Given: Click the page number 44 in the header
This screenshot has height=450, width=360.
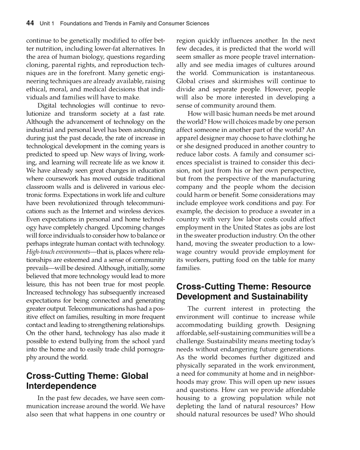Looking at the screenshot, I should [30, 23].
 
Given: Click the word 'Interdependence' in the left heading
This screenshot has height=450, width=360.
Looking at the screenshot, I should [61, 386].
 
